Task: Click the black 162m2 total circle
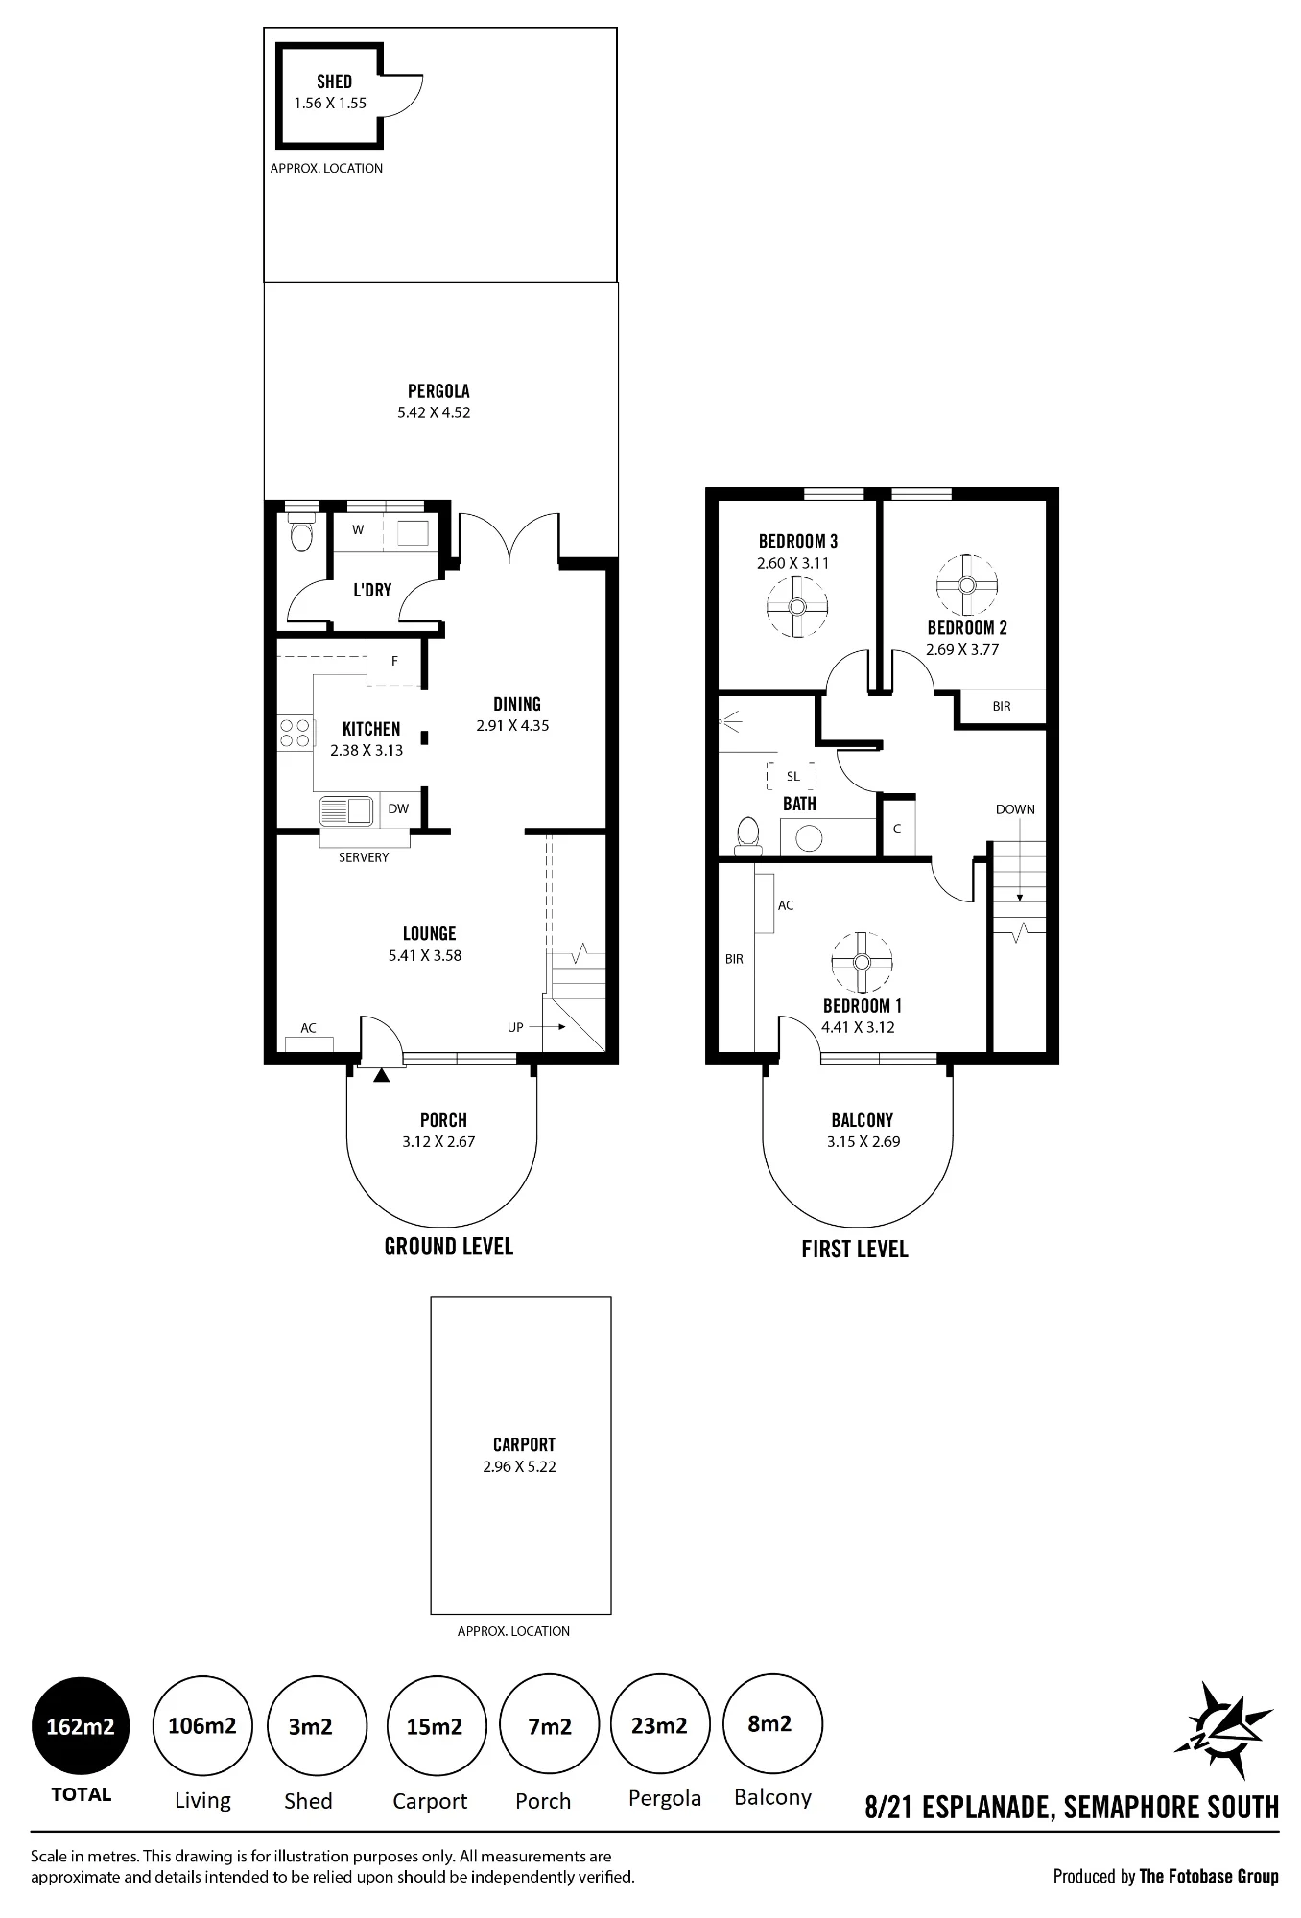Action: (81, 1726)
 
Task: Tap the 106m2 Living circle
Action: (201, 1726)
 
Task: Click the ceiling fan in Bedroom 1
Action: (862, 962)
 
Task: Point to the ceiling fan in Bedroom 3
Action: (796, 606)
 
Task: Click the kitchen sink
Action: (346, 810)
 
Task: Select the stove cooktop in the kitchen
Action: (296, 733)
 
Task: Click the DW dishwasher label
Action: (398, 808)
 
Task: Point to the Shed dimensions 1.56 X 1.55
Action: (330, 103)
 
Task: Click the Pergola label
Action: (438, 391)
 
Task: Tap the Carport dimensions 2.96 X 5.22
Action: (519, 1466)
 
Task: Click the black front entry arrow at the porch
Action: (382, 1075)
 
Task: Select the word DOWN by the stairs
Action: (1015, 809)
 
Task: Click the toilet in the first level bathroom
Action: (747, 835)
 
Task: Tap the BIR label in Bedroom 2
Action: (1002, 706)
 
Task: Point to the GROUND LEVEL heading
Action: (449, 1247)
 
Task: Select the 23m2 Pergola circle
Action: (660, 1726)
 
